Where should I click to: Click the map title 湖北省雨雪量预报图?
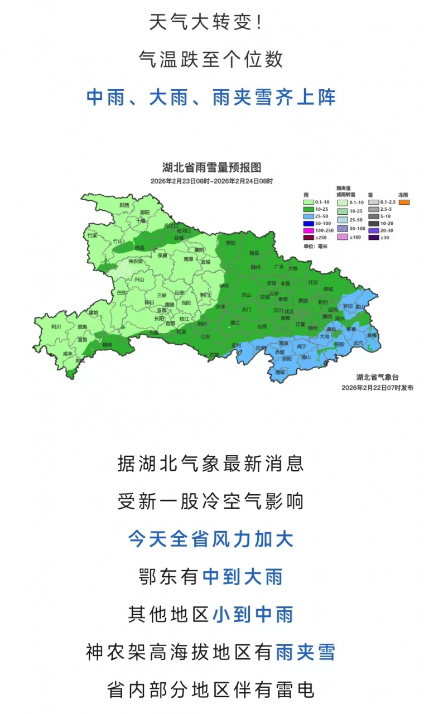[x=211, y=167]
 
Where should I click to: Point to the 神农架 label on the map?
[x=135, y=261]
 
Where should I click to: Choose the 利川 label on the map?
[x=56, y=327]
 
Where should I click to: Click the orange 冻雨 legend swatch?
[x=403, y=202]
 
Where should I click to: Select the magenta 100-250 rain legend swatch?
[x=309, y=230]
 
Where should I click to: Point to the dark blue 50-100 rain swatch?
[x=309, y=223]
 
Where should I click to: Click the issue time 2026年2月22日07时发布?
[x=377, y=387]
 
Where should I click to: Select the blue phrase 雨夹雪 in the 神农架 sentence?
[x=306, y=652]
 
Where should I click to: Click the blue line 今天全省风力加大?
[x=211, y=539]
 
